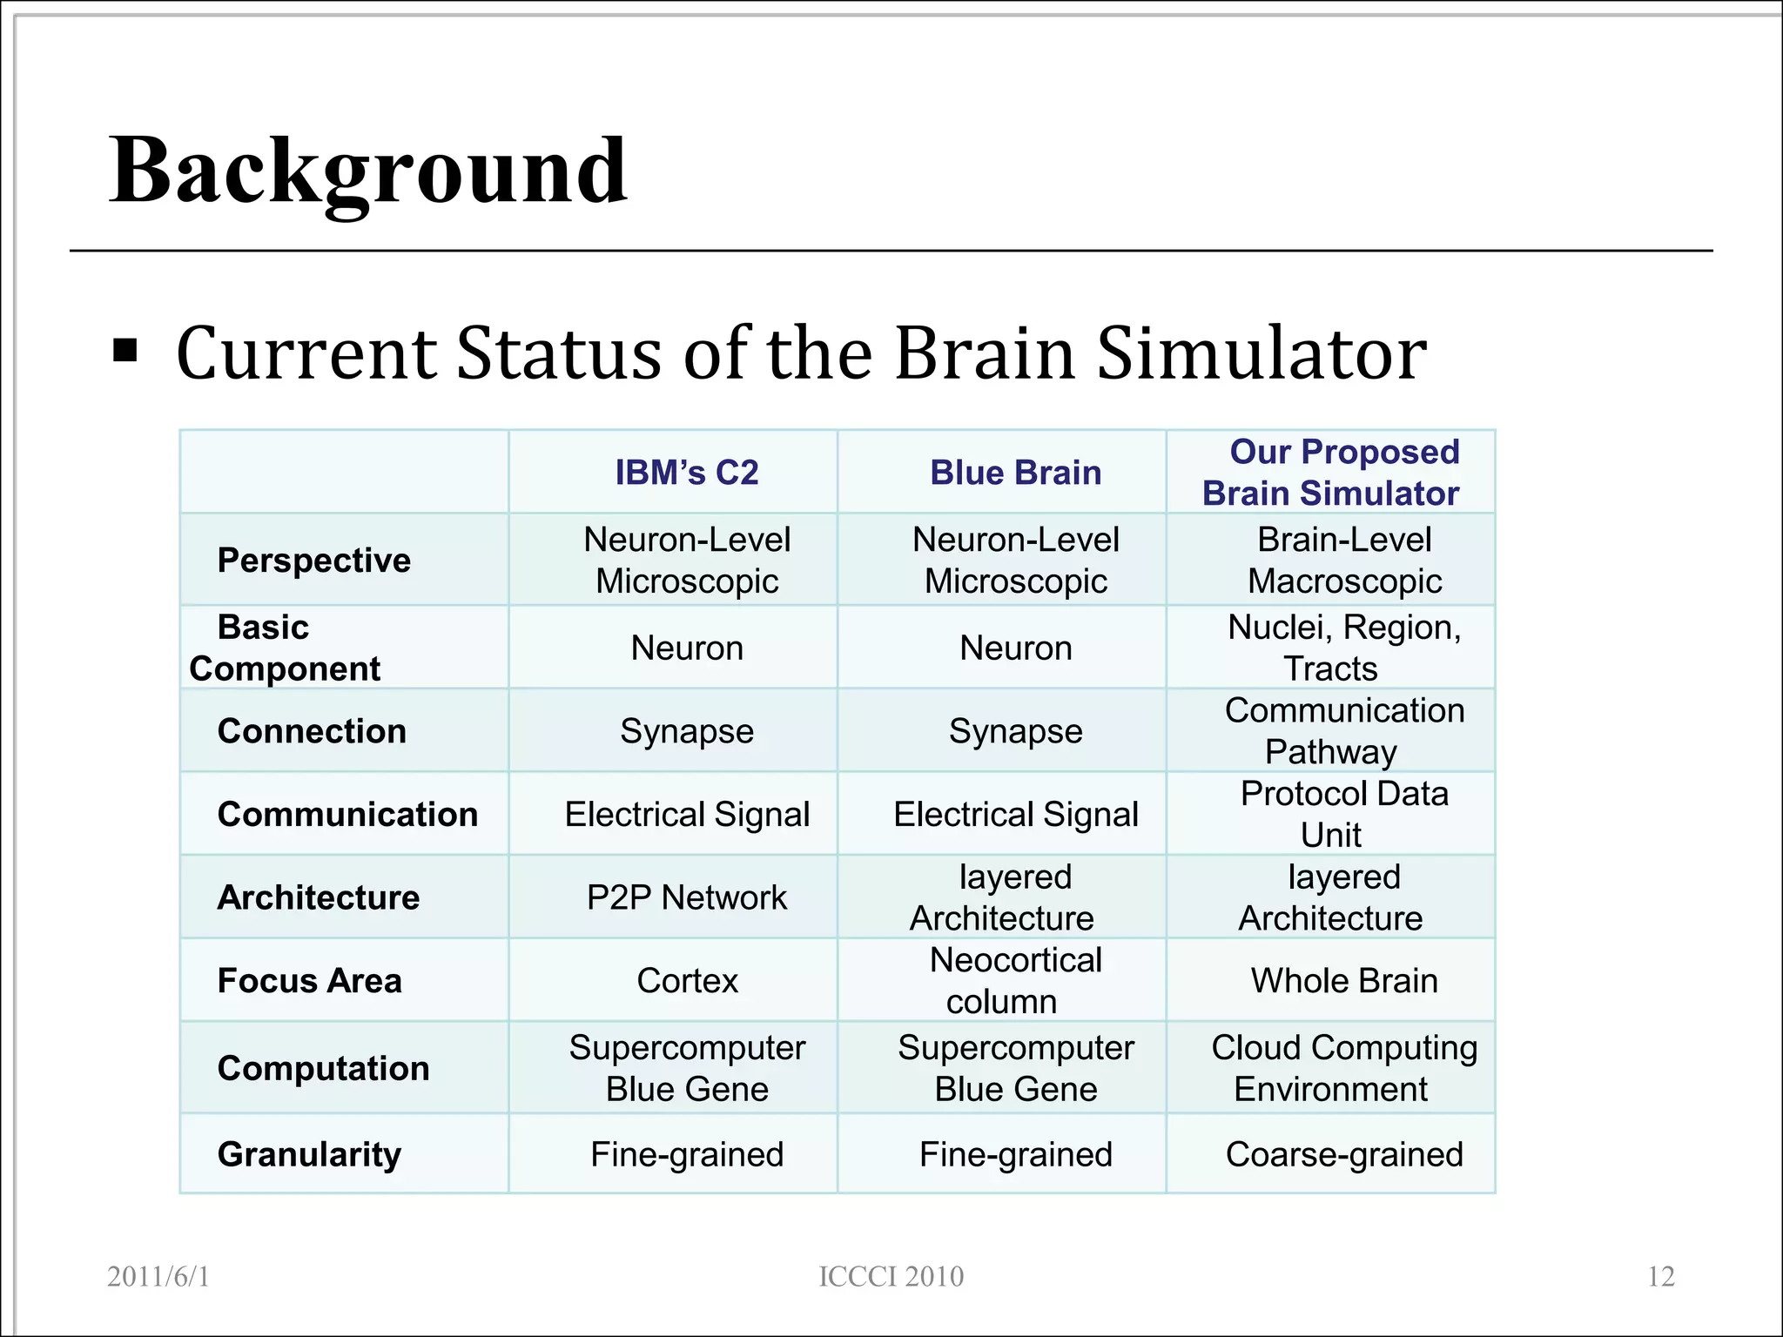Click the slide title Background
click(x=367, y=172)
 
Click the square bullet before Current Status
click(x=125, y=351)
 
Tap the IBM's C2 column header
click(x=687, y=473)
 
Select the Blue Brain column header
click(x=1015, y=473)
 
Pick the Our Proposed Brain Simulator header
click(x=1331, y=473)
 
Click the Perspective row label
click(x=313, y=561)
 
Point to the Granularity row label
click(x=309, y=1154)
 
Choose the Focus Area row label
click(x=309, y=981)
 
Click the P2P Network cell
click(x=687, y=897)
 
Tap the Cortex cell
click(x=687, y=981)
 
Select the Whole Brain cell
click(x=1343, y=981)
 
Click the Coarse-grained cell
click(x=1343, y=1154)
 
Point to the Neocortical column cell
click(x=1015, y=981)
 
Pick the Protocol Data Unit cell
click(x=1343, y=814)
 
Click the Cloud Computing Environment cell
click(x=1343, y=1068)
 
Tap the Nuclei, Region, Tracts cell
click(x=1343, y=648)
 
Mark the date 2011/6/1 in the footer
click(x=158, y=1277)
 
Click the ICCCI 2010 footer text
click(x=891, y=1277)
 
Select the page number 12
click(x=1661, y=1277)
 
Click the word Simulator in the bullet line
click(x=1261, y=354)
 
